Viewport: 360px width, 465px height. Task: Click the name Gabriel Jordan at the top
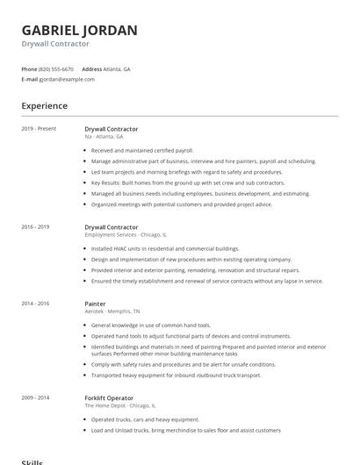[x=79, y=30]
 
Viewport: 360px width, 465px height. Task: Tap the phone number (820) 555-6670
[x=56, y=68]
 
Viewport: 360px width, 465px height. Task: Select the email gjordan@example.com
[x=67, y=79]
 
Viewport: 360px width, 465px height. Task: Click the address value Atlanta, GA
[x=117, y=68]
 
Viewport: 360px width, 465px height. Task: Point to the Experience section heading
[x=45, y=106]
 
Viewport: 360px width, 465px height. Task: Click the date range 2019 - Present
[x=39, y=129]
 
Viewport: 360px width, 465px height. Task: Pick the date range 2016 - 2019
[x=36, y=227]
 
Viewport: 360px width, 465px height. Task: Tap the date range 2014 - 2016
[x=36, y=304]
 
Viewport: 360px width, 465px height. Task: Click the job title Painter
[x=95, y=304]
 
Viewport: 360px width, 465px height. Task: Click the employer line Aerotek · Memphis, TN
[x=112, y=311]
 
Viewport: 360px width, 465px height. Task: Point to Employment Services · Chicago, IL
[x=126, y=235]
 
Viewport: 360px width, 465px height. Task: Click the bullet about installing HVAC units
[x=165, y=248]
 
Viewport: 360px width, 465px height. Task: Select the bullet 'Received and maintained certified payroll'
[x=142, y=150]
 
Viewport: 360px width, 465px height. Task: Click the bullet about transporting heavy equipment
[x=176, y=375]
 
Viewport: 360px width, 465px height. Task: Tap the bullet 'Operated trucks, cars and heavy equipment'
[x=146, y=419]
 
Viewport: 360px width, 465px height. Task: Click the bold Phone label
[x=29, y=68]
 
